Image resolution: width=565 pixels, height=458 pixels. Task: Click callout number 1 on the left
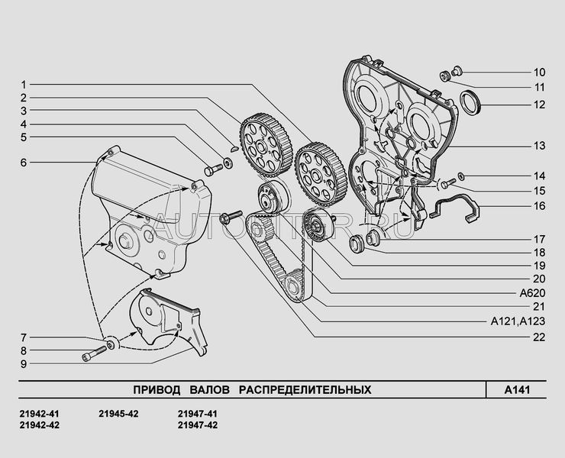(24, 84)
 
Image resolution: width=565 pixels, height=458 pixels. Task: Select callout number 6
(24, 163)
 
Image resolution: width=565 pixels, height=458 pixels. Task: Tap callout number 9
(24, 363)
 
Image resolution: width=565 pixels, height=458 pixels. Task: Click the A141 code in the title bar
(518, 390)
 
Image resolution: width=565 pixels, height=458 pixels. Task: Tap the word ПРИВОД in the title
(153, 390)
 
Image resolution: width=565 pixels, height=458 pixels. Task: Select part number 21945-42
(118, 414)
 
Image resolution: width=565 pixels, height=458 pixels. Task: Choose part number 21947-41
(197, 414)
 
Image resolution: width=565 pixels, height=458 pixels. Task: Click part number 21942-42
(38, 425)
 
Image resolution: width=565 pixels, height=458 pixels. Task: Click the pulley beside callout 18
(356, 244)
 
